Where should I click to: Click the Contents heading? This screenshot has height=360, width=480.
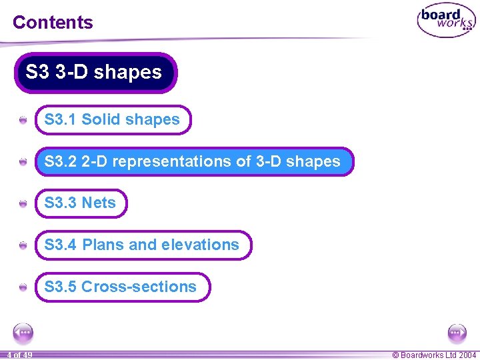(53, 22)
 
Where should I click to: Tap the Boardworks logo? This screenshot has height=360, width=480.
(445, 22)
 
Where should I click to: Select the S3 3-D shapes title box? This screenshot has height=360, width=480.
(95, 72)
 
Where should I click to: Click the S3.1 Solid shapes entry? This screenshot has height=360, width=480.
(112, 120)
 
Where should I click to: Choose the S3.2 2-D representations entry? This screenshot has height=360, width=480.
(193, 161)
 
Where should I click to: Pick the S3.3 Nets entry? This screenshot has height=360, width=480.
(80, 203)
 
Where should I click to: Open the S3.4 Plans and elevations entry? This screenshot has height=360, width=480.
(141, 245)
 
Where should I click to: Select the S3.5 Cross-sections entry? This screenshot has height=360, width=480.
(121, 287)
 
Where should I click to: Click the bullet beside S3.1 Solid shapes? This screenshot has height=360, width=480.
(23, 121)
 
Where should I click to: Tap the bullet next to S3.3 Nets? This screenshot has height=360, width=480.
(23, 204)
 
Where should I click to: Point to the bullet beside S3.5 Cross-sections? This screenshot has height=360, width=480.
(23, 287)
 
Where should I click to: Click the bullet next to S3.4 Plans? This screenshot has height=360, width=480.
(23, 245)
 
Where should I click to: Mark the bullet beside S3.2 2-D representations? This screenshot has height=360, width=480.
(23, 162)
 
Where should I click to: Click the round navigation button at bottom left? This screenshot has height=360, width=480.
(23, 332)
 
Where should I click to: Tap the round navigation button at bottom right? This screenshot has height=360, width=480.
(457, 332)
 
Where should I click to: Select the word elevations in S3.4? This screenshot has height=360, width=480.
(207, 245)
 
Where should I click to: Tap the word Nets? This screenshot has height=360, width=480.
(99, 203)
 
